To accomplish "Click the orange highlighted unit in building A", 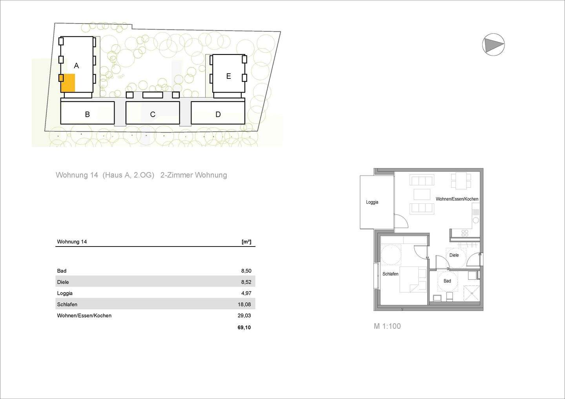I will pos(68,83).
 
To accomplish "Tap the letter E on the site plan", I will pos(228,76).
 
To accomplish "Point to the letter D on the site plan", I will pos(218,114).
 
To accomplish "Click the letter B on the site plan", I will pos(87,114).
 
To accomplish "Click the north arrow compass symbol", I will pos(493,44).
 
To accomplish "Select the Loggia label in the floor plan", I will pos(372,202).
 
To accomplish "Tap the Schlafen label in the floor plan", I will pos(390,274).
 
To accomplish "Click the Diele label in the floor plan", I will pos(454,255).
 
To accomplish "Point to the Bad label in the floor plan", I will pos(447,281).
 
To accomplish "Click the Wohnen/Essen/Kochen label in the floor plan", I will pos(457,199).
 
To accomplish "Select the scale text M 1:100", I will pos(387,326).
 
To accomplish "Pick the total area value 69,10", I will pos(244,327).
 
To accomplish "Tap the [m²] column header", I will pos(246,242).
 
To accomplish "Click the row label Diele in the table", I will pos(63,282).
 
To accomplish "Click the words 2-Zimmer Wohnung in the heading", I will pos(194,175).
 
